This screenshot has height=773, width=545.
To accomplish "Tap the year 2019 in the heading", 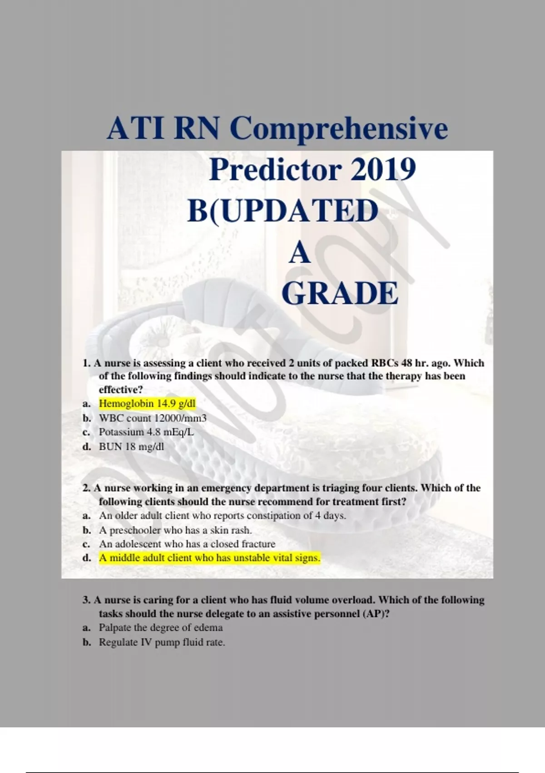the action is tap(383, 170).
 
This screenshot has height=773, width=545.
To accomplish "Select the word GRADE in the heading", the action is tap(340, 293).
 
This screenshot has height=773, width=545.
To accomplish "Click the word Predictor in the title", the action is tap(276, 170).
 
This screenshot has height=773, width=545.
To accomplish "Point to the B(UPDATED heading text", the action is tap(283, 211).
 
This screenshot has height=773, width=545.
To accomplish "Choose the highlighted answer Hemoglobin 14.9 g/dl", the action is tap(147, 403).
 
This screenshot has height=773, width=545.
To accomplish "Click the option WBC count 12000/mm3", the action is tap(153, 418).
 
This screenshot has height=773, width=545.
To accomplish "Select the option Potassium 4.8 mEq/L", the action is tap(147, 432).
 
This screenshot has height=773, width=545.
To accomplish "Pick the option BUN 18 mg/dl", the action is tap(131, 447).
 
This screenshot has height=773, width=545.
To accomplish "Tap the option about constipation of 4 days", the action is tap(223, 516).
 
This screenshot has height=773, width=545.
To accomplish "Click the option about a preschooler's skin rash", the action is tap(175, 530).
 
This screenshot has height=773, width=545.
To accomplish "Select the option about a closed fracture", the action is tap(187, 544).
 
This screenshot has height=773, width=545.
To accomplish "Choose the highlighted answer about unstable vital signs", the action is tap(209, 558).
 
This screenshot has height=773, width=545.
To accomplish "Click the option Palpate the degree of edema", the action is tap(161, 627).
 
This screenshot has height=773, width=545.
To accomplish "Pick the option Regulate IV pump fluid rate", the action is tap(162, 642).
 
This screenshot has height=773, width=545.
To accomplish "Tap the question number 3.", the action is tap(86, 600).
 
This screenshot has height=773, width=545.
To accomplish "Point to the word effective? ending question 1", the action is tap(121, 390).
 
